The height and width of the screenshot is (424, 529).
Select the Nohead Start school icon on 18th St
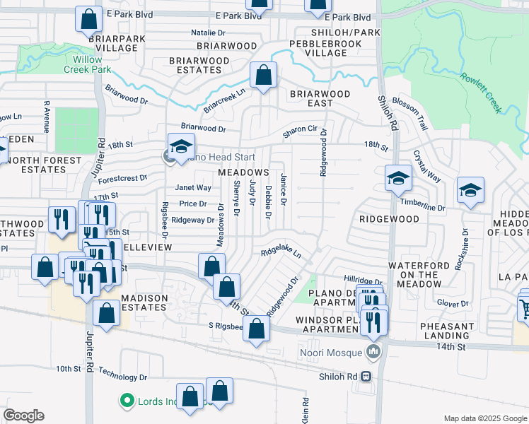click(181, 146)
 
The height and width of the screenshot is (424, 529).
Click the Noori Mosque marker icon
click(374, 351)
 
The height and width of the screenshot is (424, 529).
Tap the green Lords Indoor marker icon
click(127, 401)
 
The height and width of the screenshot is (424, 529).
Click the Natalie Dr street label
click(208, 33)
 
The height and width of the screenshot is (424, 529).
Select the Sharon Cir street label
click(300, 129)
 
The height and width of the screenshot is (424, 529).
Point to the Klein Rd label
click(305, 410)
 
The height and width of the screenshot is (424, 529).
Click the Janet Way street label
click(193, 188)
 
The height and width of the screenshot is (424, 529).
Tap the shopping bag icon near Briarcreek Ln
click(263, 75)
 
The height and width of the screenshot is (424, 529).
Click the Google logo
click(23, 416)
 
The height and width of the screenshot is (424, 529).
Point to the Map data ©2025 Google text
click(484, 418)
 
